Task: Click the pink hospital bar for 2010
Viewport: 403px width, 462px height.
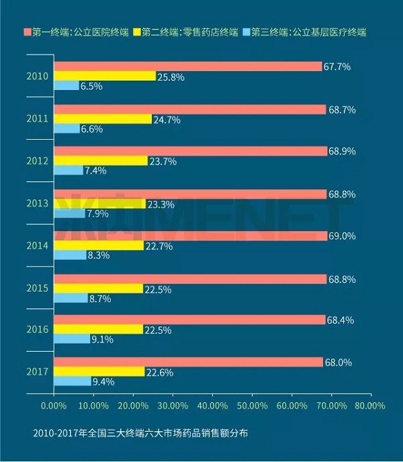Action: pyautogui.click(x=188, y=66)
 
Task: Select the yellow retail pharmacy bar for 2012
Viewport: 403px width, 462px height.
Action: pyautogui.click(x=101, y=160)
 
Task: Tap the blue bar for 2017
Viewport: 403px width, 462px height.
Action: pyautogui.click(x=73, y=381)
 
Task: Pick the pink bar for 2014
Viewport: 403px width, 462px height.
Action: pyautogui.click(x=191, y=236)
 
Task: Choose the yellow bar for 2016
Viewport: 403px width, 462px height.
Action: pyautogui.click(x=98, y=329)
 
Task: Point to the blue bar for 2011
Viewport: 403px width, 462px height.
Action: pyautogui.click(x=66, y=128)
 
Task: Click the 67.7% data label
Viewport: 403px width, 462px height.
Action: pyautogui.click(x=338, y=66)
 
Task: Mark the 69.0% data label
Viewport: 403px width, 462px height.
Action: pyautogui.click(x=343, y=236)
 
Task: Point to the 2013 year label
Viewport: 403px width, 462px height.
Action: pyautogui.click(x=37, y=203)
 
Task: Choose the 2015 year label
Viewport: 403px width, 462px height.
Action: pyautogui.click(x=37, y=288)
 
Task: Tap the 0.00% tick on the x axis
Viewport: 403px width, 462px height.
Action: pyautogui.click(x=53, y=406)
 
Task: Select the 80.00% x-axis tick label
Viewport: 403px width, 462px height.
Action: pyautogui.click(x=369, y=406)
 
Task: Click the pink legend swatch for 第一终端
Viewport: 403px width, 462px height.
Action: pyautogui.click(x=27, y=32)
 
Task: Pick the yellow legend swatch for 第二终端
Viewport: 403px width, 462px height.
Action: pyautogui.click(x=138, y=32)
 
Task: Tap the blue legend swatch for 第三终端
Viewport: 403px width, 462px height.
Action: pyautogui.click(x=247, y=32)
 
